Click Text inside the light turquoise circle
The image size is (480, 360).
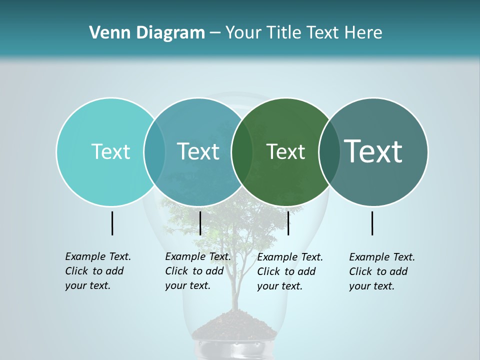[x=110, y=151]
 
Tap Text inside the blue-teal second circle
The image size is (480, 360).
[x=198, y=151]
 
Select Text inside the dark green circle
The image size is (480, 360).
[x=285, y=151]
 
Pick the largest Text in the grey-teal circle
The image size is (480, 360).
[x=373, y=151]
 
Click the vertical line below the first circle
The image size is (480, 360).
[x=112, y=223]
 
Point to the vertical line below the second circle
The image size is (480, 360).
[x=200, y=223]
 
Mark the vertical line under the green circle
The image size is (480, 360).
[x=288, y=223]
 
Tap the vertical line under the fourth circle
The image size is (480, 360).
[x=372, y=223]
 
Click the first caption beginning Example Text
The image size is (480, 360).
[x=97, y=271]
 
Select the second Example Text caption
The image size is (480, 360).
[x=197, y=271]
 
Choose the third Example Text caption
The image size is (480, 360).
[x=289, y=271]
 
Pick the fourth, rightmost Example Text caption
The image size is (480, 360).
[x=381, y=271]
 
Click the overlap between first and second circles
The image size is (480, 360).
[x=154, y=151]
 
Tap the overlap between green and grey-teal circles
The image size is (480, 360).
[x=328, y=151]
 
